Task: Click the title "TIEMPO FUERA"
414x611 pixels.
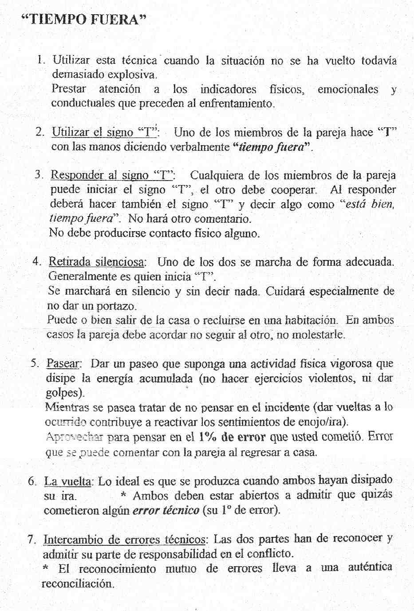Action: pos(84,20)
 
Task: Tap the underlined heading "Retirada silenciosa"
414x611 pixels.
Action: pos(96,262)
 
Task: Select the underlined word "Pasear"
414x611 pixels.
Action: pos(63,364)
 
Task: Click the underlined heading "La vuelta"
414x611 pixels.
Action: pos(68,481)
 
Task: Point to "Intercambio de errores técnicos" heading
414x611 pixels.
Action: pos(124,540)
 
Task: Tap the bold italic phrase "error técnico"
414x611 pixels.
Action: pos(166,510)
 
